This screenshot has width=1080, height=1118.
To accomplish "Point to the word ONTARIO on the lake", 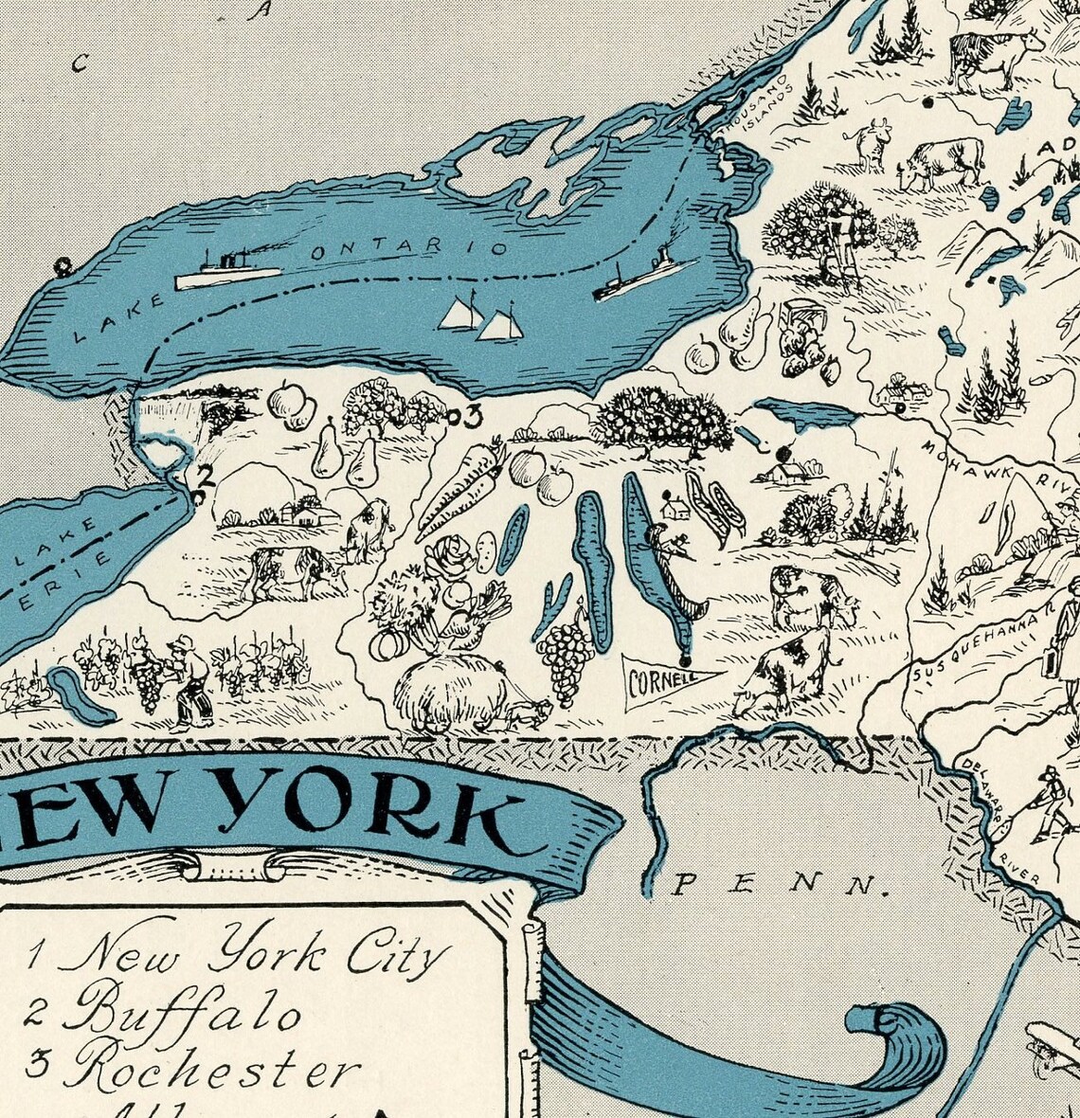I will (409, 250).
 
